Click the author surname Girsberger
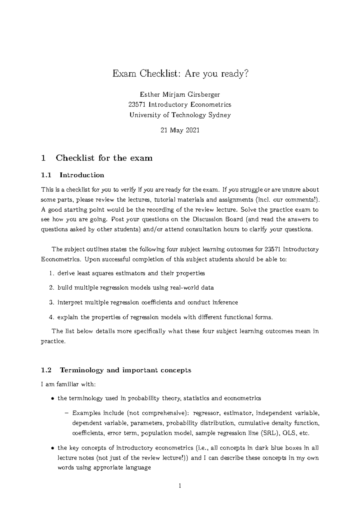204,95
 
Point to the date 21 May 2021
180,130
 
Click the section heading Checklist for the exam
104,158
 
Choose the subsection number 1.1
46,175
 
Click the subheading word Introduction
82,175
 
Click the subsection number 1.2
46,370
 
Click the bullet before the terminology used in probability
52,399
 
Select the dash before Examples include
67,413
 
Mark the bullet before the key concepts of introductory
52,448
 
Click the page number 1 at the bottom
180,486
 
